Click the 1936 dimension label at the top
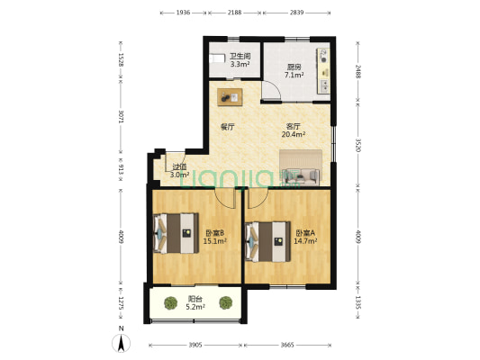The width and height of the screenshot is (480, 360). pos(183,13)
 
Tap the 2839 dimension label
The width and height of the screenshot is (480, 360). pos(296,13)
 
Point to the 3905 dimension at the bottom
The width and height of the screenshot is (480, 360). pos(195,345)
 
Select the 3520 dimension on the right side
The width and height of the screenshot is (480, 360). pos(358,147)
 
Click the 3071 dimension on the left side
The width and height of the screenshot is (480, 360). pos(121,116)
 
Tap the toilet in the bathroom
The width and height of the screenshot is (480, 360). pos(217,58)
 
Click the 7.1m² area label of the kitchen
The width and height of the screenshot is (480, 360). pos(294,75)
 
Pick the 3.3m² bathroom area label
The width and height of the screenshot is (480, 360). pos(240,64)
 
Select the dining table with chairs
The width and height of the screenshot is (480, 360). pos(230,97)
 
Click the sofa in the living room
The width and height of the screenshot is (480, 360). pos(301,176)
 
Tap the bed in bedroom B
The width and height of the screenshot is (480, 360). pos(176,233)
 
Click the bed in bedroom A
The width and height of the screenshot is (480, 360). pos(267,242)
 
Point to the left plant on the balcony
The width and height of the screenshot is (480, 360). pos(170,302)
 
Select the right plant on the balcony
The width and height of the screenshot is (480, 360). pos(226,302)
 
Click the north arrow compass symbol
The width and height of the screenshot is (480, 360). pos(122,343)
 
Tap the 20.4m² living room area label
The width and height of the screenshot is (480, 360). pos(294,134)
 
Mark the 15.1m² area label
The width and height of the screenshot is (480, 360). pos(215,241)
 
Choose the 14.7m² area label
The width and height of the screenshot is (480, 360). pos(305,241)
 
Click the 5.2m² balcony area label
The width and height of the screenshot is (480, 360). pos(195,307)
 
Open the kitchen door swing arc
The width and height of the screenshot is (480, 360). pos(276,88)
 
